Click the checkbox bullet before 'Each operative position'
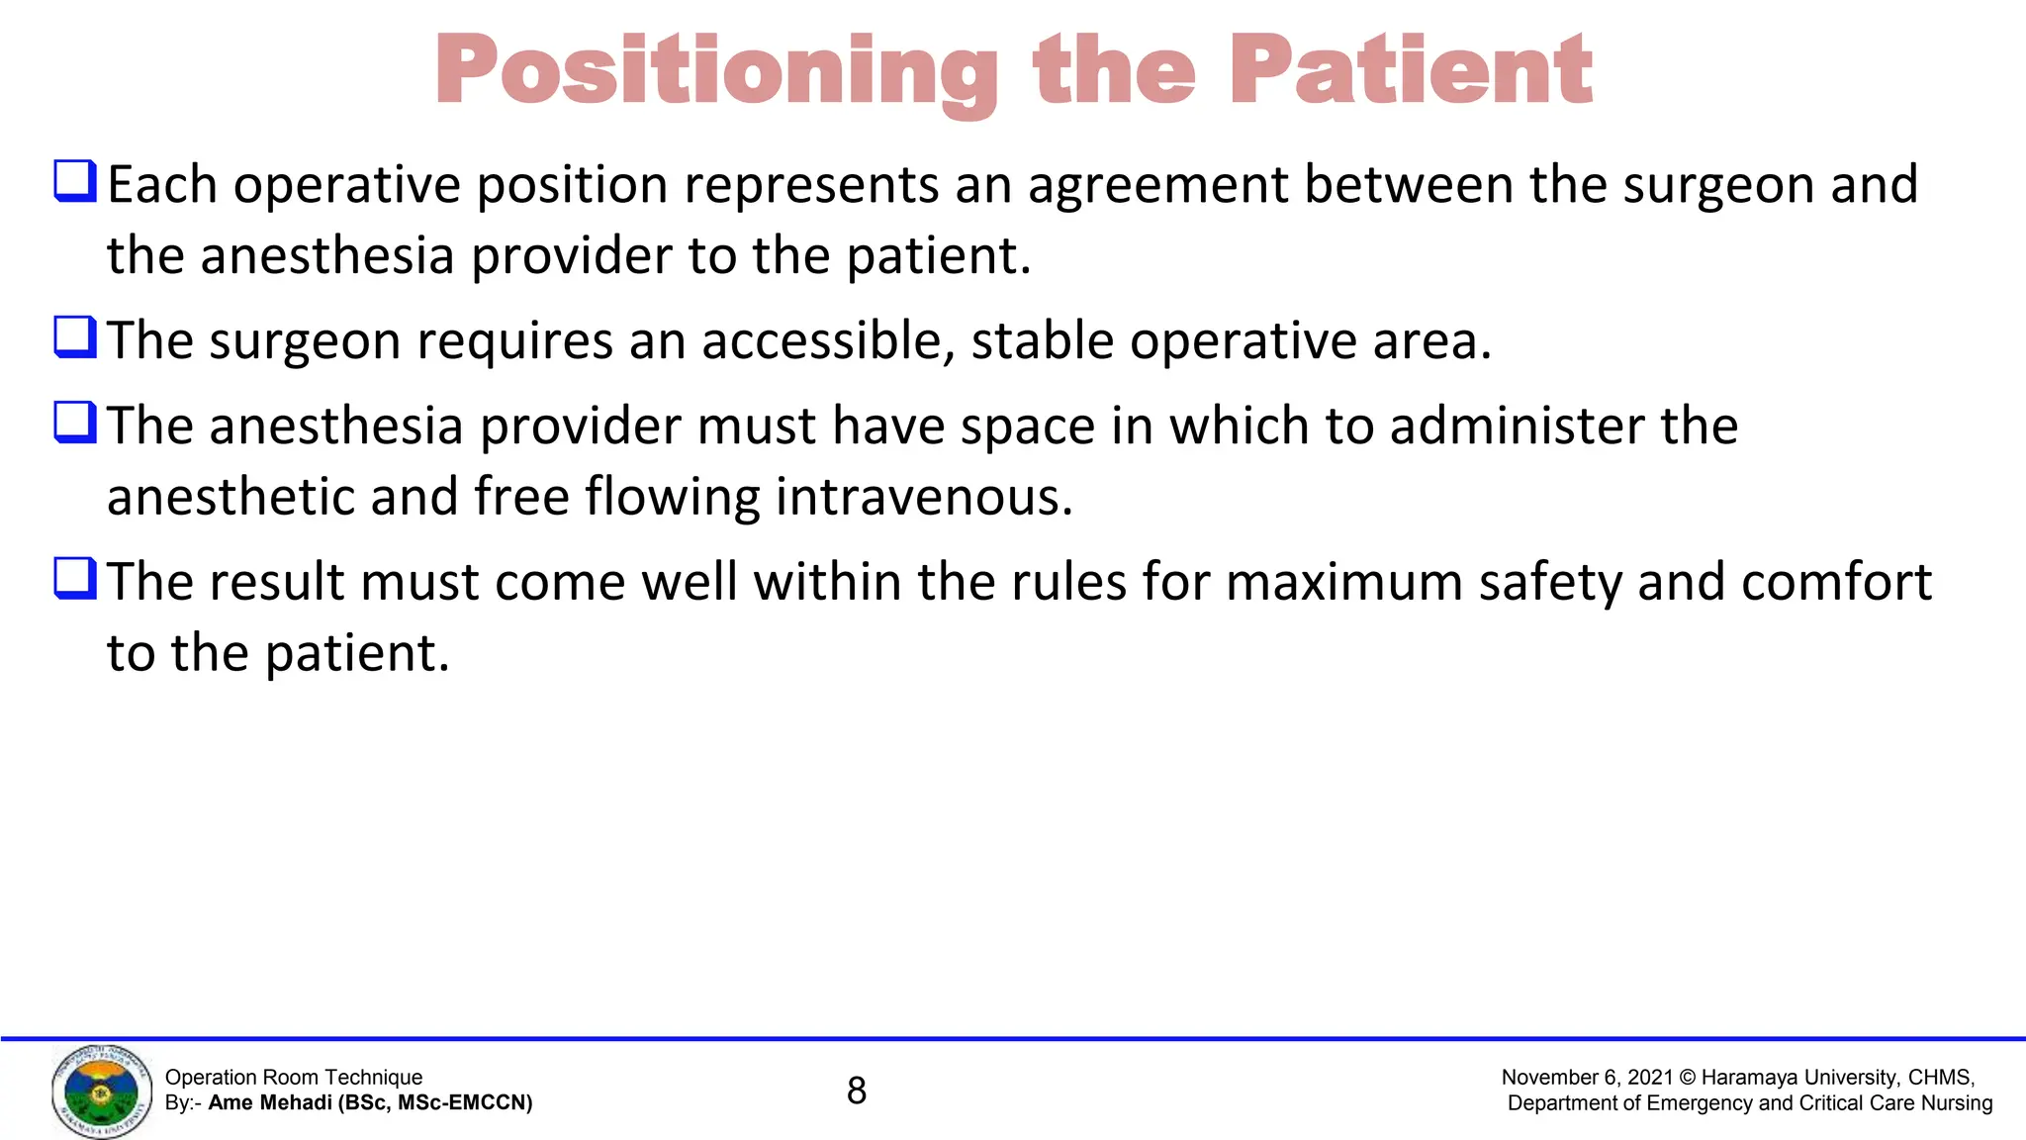pyautogui.click(x=75, y=181)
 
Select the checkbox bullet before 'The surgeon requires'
pyautogui.click(x=75, y=336)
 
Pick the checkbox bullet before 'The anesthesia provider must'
pyautogui.click(x=75, y=422)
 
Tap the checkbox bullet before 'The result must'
pyautogui.click(x=75, y=578)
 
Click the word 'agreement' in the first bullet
pyautogui.click(x=1158, y=185)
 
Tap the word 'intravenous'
pyautogui.click(x=924, y=497)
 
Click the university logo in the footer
pyautogui.click(x=102, y=1091)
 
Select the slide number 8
pyautogui.click(x=857, y=1091)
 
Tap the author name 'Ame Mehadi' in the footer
pyautogui.click(x=269, y=1102)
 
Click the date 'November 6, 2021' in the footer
pyautogui.click(x=1587, y=1077)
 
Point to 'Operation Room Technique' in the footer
pyautogui.click(x=294, y=1077)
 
